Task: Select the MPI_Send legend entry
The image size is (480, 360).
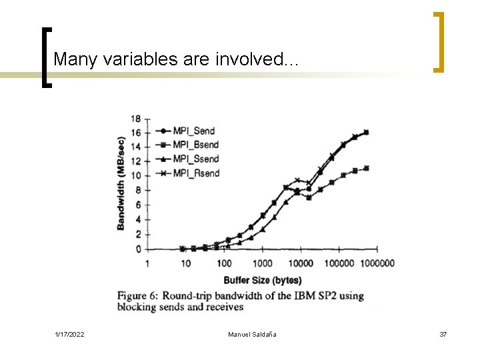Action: [193, 131]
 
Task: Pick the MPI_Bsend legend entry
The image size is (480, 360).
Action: [195, 145]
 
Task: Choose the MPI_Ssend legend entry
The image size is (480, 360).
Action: [195, 159]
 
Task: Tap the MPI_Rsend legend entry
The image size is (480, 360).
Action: [195, 174]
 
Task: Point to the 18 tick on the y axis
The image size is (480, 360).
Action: [136, 119]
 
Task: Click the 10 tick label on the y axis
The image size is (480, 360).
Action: [136, 176]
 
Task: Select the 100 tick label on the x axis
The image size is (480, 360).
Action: [224, 263]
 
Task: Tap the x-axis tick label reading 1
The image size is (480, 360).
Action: [147, 263]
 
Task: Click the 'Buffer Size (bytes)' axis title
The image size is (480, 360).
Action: [262, 280]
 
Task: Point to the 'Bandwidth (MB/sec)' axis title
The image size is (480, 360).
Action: [121, 183]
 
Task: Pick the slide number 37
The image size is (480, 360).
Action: [443, 333]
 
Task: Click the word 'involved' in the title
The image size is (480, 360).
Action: [254, 59]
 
